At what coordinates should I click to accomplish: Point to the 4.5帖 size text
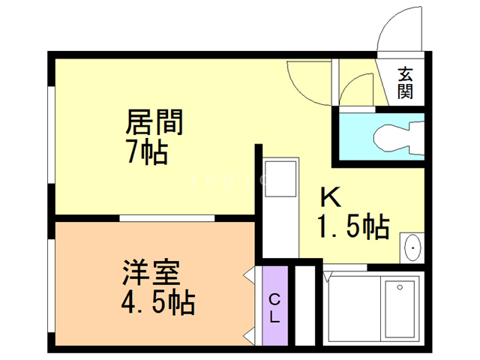point(157,304)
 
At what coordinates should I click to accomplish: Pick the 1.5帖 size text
point(352,226)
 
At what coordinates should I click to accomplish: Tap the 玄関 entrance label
point(406,83)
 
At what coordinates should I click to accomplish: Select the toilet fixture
point(394,137)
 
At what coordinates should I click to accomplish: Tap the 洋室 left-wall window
point(51,285)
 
